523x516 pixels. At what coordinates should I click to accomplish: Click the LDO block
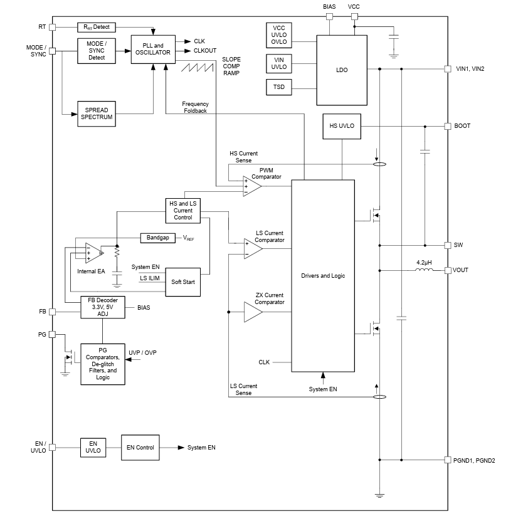pyautogui.click(x=342, y=70)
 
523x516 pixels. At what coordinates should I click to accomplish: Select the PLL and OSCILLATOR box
pyautogui.click(x=153, y=50)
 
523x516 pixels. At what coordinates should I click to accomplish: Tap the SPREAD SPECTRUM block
pyautogui.click(x=97, y=113)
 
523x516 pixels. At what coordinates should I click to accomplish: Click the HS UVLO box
pyautogui.click(x=342, y=126)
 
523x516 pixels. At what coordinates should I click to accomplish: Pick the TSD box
pyautogui.click(x=279, y=87)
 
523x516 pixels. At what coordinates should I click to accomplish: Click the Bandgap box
pyautogui.click(x=158, y=238)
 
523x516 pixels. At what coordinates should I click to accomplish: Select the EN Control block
pyautogui.click(x=140, y=448)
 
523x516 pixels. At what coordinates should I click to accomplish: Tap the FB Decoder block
pyautogui.click(x=103, y=307)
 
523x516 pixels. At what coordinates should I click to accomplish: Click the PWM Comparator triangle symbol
pyautogui.click(x=251, y=186)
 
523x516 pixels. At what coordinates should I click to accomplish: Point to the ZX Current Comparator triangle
pyautogui.click(x=252, y=312)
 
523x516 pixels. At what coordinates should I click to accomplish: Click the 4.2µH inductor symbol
pyautogui.click(x=424, y=271)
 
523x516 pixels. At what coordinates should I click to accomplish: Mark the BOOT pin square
pyautogui.click(x=447, y=126)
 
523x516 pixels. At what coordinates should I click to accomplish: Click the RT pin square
pyautogui.click(x=53, y=28)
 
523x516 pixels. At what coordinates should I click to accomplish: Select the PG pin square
pyautogui.click(x=53, y=335)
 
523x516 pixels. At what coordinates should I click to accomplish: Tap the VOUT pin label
pyautogui.click(x=461, y=270)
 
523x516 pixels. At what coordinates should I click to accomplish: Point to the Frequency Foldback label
pyautogui.click(x=196, y=107)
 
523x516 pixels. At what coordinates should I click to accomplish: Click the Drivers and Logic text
pyautogui.click(x=323, y=276)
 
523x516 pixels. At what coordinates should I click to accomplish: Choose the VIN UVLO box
pyautogui.click(x=279, y=63)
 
